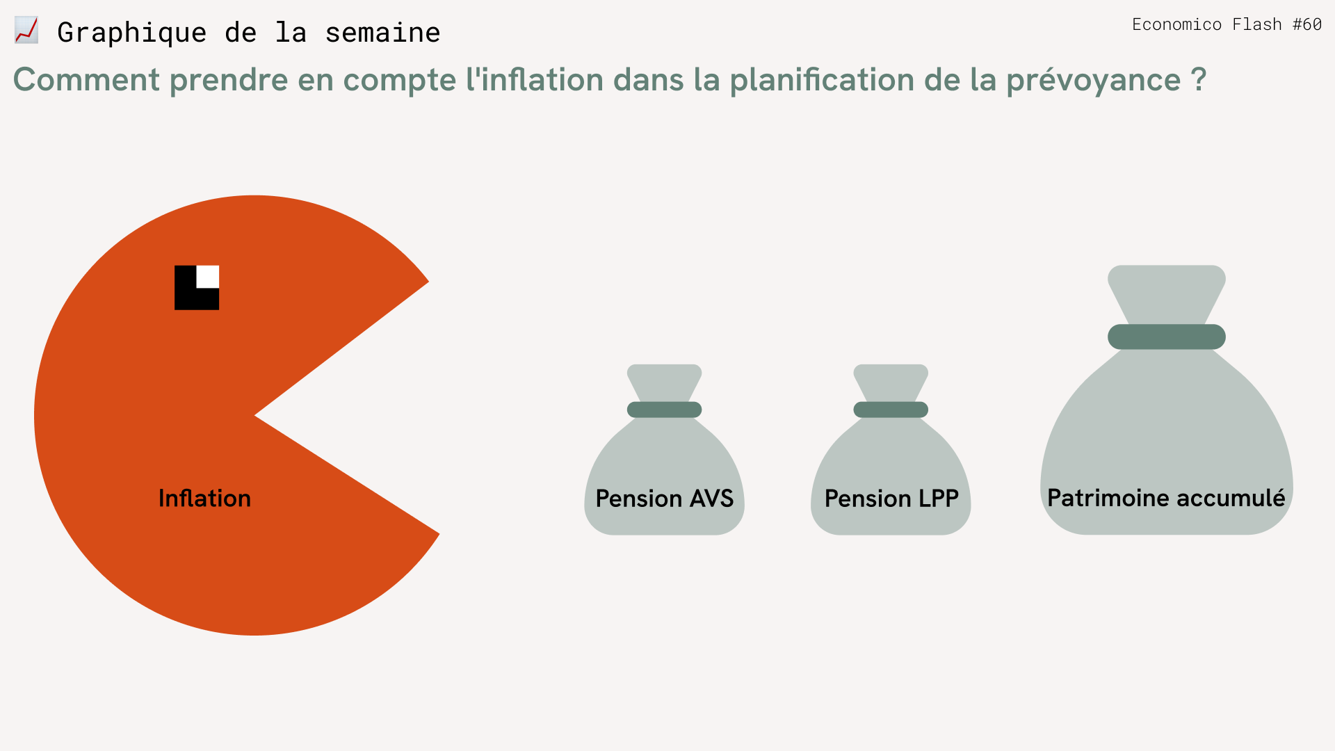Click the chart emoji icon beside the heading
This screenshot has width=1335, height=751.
point(26,31)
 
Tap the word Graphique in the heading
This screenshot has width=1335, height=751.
point(132,33)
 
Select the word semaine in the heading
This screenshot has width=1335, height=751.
point(382,33)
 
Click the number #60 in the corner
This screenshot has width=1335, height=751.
point(1307,24)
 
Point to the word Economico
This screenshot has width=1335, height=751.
point(1176,24)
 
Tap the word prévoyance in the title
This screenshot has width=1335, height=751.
point(1094,81)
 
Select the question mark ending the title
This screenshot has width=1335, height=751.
point(1198,79)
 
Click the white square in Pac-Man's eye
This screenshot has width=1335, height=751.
point(208,277)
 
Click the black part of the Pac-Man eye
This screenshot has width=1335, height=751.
point(186,298)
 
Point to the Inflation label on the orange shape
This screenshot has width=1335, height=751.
point(204,498)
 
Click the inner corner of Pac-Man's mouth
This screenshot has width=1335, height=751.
point(255,415)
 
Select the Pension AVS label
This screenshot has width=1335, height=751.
point(665,498)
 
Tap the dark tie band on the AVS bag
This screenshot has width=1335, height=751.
point(665,410)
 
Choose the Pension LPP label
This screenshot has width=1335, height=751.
point(891,498)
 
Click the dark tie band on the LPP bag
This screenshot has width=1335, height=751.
point(891,410)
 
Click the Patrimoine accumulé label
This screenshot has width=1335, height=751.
point(1167,498)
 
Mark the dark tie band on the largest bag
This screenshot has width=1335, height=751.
point(1167,337)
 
